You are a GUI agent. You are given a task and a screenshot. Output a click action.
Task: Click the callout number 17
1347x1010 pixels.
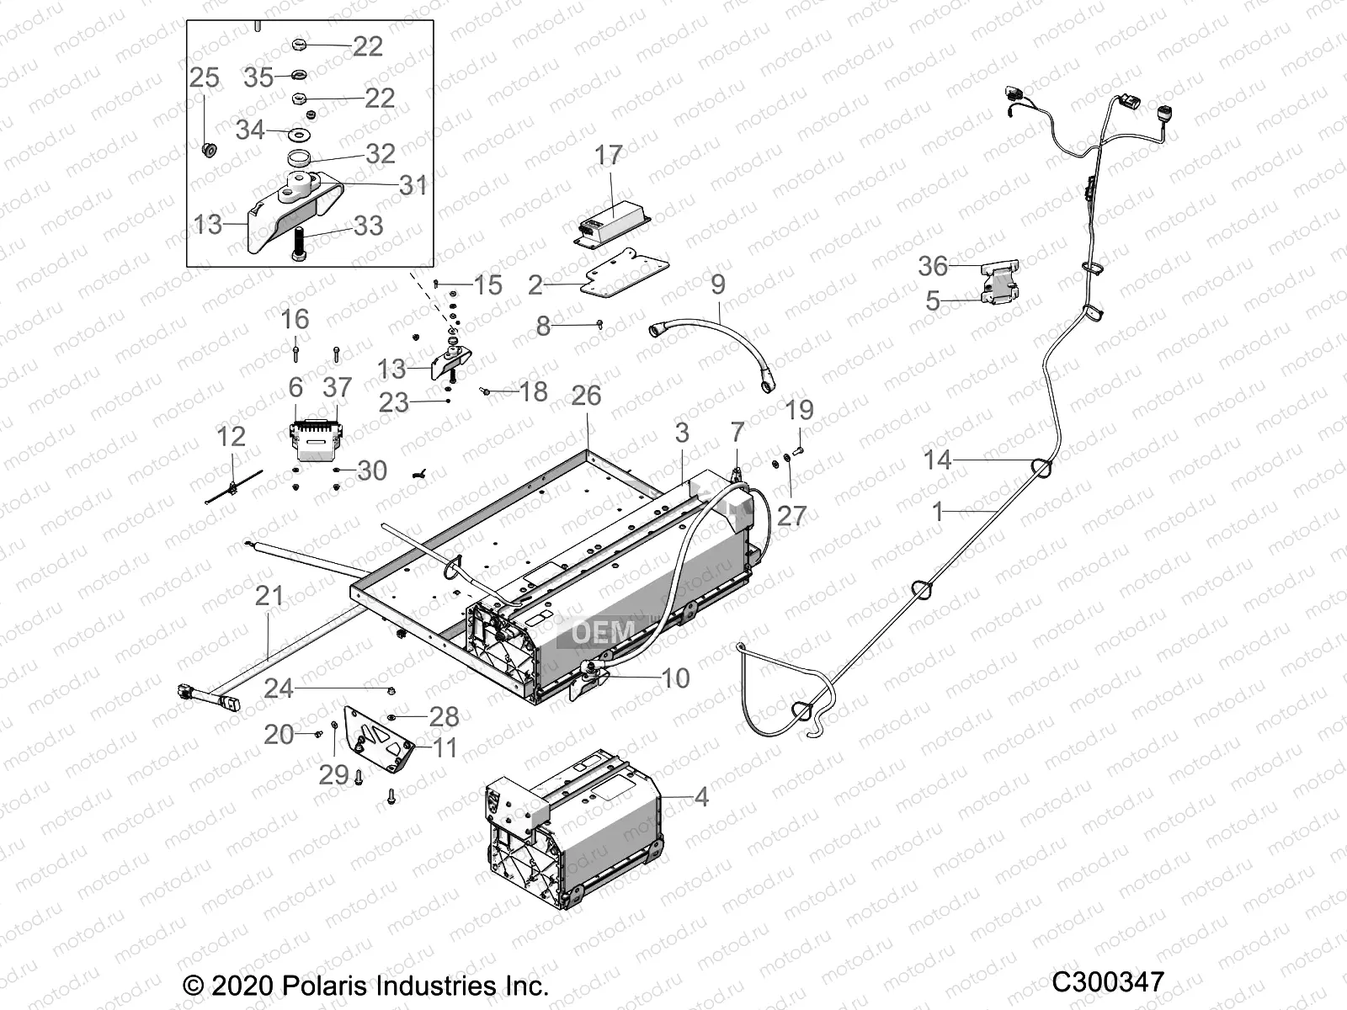coord(609,156)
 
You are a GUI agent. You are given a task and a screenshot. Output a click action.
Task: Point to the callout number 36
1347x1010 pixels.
coord(933,266)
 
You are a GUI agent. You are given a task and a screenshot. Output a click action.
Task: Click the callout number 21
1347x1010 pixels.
coord(269,596)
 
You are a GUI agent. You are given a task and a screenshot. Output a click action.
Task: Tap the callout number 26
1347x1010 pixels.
coord(586,395)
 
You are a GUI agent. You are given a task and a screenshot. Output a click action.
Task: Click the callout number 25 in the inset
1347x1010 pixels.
coord(204,77)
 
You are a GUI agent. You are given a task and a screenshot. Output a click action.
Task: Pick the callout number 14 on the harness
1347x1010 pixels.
coord(937,460)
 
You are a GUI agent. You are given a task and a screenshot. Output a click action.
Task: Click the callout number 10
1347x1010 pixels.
coord(675,678)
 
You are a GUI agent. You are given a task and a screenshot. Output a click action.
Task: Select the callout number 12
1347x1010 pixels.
coord(231,436)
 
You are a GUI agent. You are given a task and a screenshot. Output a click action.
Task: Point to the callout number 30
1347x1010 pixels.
coord(372,470)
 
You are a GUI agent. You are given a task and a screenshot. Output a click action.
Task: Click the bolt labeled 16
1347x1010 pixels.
coord(295,349)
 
